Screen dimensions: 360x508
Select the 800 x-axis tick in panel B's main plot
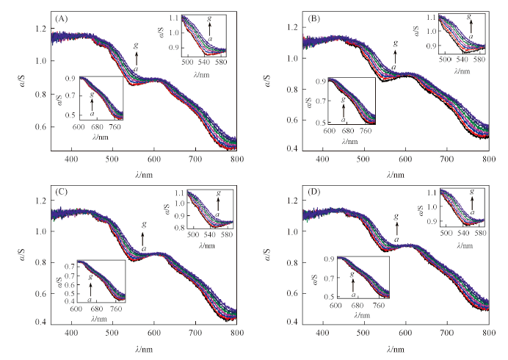click(487, 159)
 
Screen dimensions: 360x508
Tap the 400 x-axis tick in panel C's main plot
click(71, 333)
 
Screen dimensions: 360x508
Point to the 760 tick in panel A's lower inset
click(116, 126)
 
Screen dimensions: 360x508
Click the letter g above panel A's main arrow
click(137, 45)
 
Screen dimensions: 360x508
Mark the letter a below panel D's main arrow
click(396, 239)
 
